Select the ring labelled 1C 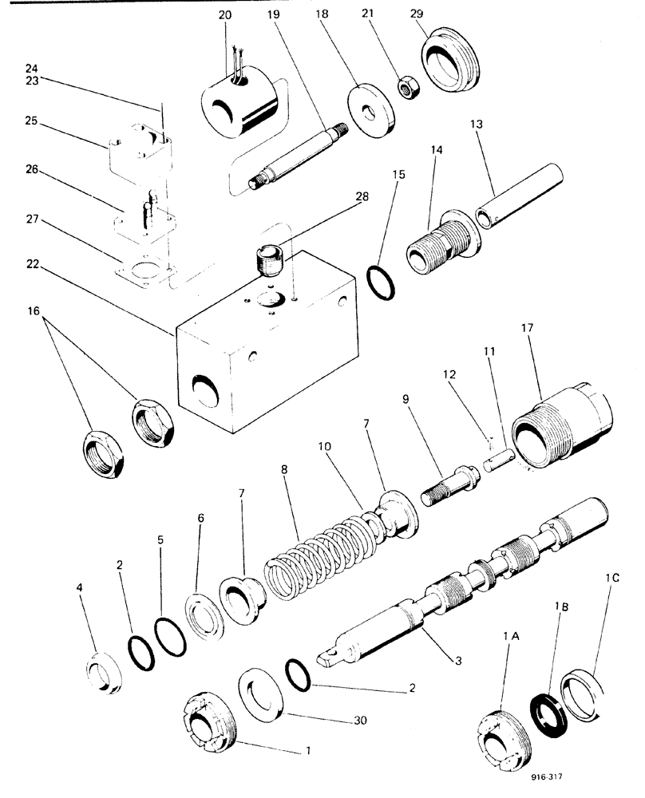pos(592,692)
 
